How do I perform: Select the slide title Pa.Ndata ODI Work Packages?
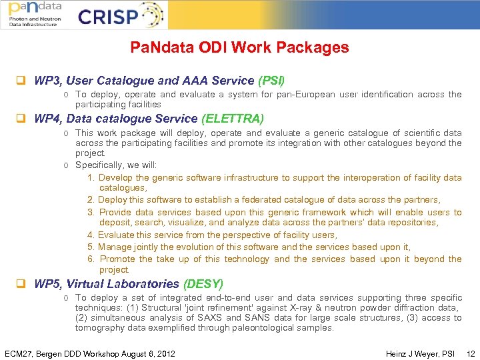coord(239,47)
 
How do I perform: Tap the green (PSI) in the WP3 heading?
coord(271,81)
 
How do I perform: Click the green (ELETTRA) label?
coord(233,119)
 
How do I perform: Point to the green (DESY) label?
coord(203,284)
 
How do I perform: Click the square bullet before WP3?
coord(21,81)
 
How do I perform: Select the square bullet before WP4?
coord(21,120)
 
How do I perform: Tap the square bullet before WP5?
coord(21,285)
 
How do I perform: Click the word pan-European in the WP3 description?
coord(307,95)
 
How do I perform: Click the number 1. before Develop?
coord(91,178)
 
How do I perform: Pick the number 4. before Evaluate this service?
coord(91,235)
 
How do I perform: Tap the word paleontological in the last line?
coord(257,328)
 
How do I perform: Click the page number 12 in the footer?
coord(471,353)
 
